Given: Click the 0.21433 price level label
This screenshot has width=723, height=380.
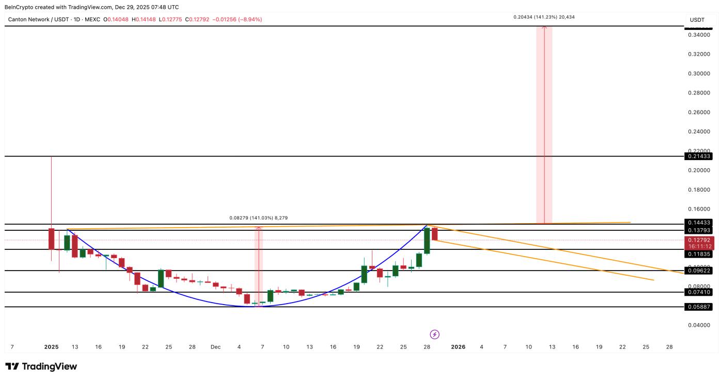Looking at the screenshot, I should pyautogui.click(x=699, y=156).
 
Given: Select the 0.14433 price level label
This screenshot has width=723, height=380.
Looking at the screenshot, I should pyautogui.click(x=699, y=223).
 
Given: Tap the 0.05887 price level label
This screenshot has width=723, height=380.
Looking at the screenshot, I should pyautogui.click(x=699, y=307).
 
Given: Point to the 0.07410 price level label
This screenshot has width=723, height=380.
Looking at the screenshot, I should pyautogui.click(x=699, y=292).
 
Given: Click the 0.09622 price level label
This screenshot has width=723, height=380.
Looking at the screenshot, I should pyautogui.click(x=699, y=271).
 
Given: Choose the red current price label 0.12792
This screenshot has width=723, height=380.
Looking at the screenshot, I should pyautogui.click(x=699, y=240).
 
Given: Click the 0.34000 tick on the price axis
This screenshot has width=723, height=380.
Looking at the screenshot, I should pyautogui.click(x=699, y=35).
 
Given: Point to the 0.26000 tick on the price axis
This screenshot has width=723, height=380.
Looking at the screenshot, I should pyautogui.click(x=699, y=112).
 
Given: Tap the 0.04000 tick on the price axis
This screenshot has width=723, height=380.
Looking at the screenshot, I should pyautogui.click(x=699, y=325).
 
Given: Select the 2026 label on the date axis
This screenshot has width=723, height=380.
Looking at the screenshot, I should pyautogui.click(x=458, y=347).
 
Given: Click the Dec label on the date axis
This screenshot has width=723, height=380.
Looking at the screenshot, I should pyautogui.click(x=215, y=347).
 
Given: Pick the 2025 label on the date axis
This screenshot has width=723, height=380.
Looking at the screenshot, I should pyautogui.click(x=52, y=347).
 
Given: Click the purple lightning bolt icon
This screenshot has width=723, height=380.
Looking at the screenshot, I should pyautogui.click(x=435, y=334).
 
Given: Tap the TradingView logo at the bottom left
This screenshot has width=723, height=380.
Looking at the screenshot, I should pyautogui.click(x=41, y=367).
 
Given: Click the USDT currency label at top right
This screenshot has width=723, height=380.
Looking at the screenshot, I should pyautogui.click(x=697, y=20).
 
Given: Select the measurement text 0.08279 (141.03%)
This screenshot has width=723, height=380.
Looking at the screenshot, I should pyautogui.click(x=258, y=218).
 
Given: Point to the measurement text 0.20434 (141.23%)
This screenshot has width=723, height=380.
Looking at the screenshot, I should pyautogui.click(x=544, y=17).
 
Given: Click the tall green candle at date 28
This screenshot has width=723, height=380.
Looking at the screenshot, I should pyautogui.click(x=427, y=241).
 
